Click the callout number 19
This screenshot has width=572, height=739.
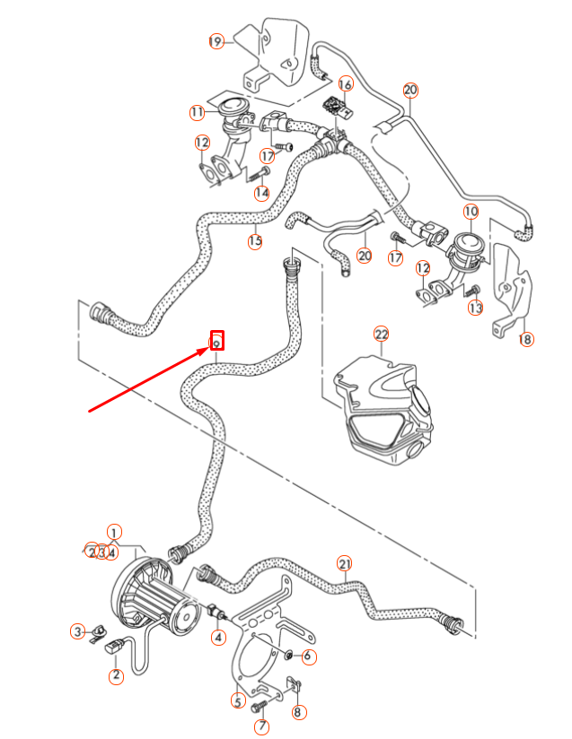pos(216,41)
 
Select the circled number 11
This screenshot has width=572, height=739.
pos(198,112)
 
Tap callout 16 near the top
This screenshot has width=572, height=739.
pos(345,83)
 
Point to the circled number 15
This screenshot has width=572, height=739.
pos(255,240)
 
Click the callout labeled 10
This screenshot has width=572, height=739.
pos(471,212)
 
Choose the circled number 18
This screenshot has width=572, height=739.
pos(525,339)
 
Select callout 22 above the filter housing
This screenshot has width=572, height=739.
pos(382,335)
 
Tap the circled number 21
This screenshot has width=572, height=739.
pos(345,563)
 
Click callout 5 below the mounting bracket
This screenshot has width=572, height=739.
pos(238,701)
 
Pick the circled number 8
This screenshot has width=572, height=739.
pos(299,713)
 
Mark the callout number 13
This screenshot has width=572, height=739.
pos(475,308)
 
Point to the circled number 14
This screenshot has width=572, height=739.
pos(261,193)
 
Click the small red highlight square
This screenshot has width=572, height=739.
pos(216,341)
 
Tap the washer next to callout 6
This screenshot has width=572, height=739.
pos(289,656)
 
